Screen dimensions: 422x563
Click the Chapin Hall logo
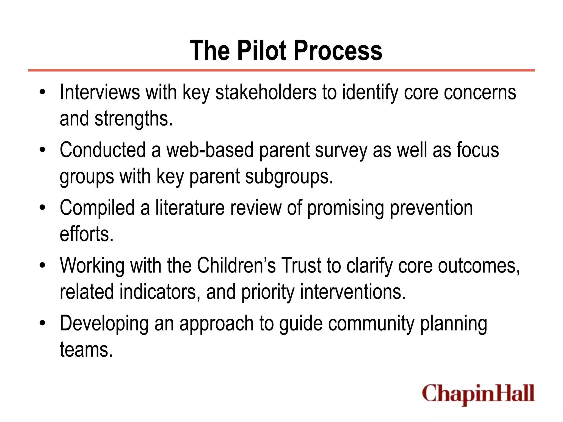[x=478, y=394]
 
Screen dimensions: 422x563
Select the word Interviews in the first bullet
[x=100, y=92]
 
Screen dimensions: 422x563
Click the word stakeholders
[x=266, y=92]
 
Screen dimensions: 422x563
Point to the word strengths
[x=134, y=119]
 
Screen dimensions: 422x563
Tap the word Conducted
[x=103, y=150]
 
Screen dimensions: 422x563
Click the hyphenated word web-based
[x=210, y=150]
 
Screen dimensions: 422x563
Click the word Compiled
[x=97, y=208]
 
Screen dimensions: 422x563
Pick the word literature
[x=190, y=208]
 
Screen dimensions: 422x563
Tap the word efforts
[x=86, y=234]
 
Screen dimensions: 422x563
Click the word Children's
[x=236, y=266]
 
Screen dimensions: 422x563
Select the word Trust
[x=301, y=266]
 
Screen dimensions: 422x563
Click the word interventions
[x=353, y=292]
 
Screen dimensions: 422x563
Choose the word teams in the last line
[x=86, y=350]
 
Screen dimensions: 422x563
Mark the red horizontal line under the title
[x=281, y=71]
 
